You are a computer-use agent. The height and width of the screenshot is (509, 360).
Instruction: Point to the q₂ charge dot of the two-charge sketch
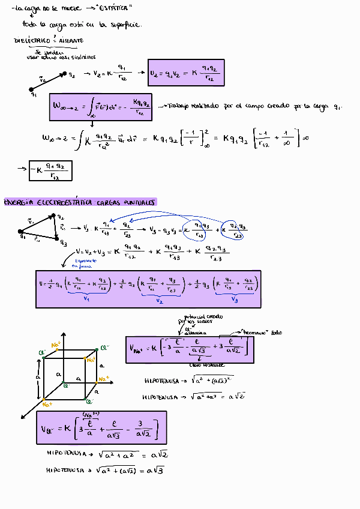62,75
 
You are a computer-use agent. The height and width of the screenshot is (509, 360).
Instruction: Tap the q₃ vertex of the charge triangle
56,239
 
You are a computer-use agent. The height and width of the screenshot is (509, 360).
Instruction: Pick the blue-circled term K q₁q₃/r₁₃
195,231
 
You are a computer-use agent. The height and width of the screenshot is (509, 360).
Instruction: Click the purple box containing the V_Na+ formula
190,348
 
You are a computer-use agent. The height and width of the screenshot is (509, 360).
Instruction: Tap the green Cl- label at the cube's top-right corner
105,348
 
